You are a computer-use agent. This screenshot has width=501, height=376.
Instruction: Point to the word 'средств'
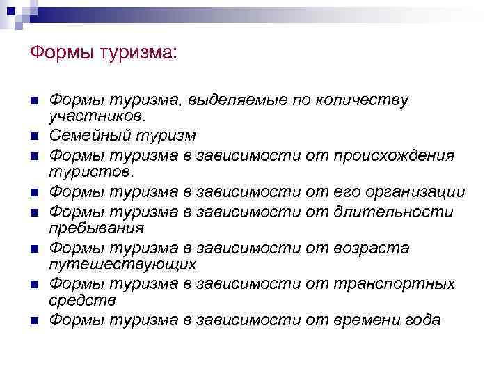pos(82,301)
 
